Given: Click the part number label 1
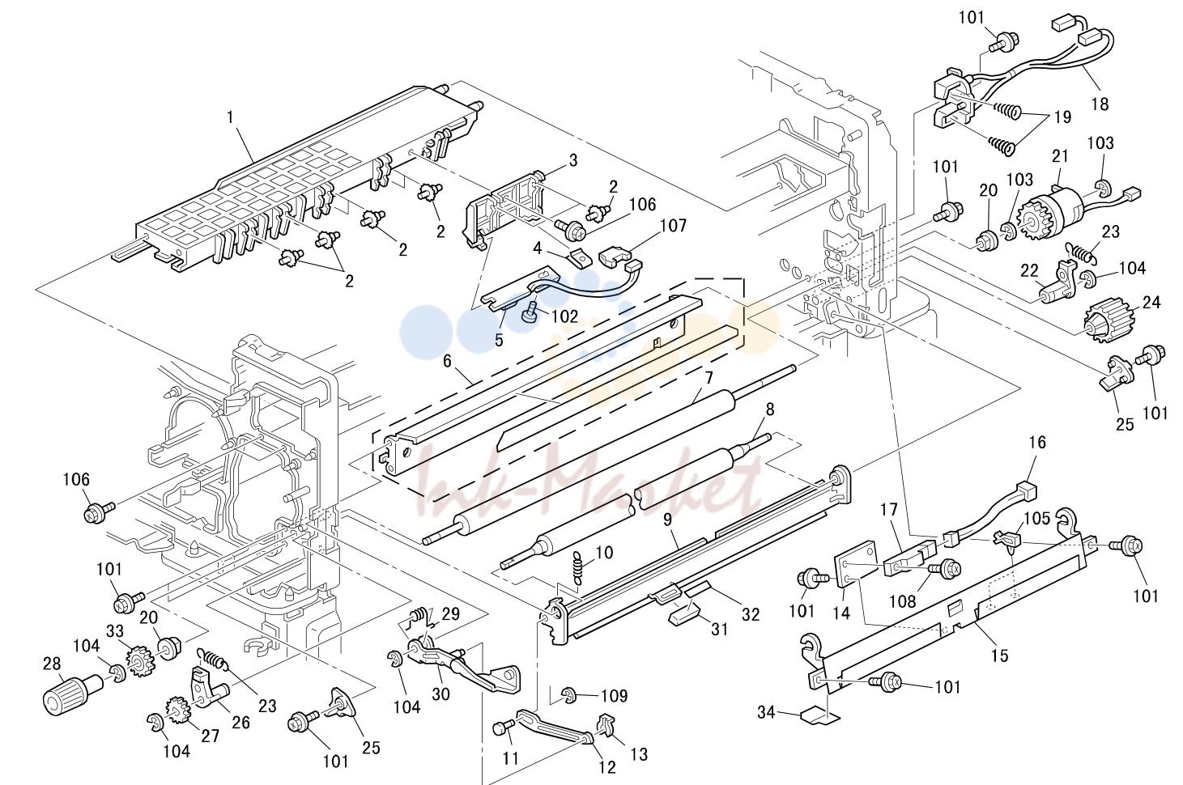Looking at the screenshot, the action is [x=230, y=117].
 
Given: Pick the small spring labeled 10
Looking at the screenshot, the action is [x=580, y=567].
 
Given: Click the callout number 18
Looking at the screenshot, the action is [x=1100, y=104].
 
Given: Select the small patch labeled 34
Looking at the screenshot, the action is [x=820, y=715].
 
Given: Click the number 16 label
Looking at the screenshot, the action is [x=1038, y=443].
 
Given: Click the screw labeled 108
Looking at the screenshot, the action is [x=944, y=569].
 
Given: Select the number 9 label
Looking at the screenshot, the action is [x=667, y=520].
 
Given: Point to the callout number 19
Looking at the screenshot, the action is [x=1062, y=117].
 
